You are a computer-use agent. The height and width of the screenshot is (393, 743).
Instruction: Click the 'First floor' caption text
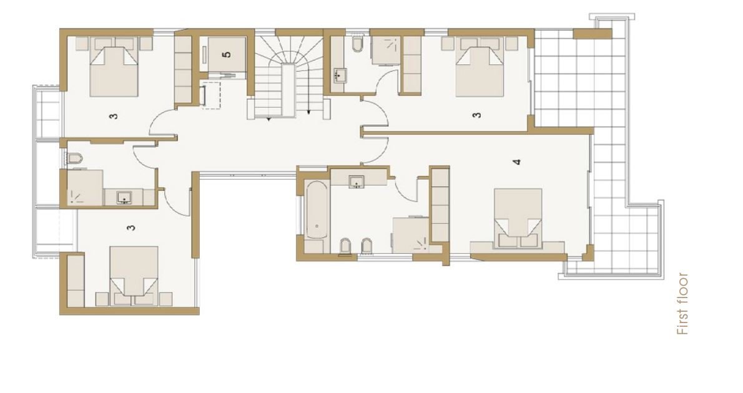(x=682, y=304)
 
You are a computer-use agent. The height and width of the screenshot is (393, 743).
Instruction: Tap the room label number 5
(x=227, y=54)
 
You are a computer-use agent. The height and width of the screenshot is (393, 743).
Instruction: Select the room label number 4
(x=516, y=162)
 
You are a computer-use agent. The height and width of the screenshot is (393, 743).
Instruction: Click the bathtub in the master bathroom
(x=316, y=210)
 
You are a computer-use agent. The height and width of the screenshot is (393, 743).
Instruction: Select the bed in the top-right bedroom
(x=480, y=67)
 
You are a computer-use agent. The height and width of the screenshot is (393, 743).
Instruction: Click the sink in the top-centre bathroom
(x=340, y=75)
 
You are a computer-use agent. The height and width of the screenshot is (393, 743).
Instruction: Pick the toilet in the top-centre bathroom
(x=358, y=44)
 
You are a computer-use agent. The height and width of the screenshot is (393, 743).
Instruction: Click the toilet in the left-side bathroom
(x=75, y=158)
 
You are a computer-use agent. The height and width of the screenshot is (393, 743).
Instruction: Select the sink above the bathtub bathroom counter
(x=357, y=182)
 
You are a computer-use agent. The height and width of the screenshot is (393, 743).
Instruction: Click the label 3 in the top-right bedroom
(x=477, y=115)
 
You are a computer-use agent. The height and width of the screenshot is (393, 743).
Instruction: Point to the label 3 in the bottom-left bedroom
(x=131, y=228)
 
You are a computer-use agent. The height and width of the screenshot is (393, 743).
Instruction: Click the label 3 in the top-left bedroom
(x=113, y=116)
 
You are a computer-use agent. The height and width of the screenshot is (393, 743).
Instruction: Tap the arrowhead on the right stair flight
(x=308, y=113)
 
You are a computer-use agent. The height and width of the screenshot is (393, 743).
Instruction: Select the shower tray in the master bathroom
(x=411, y=235)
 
